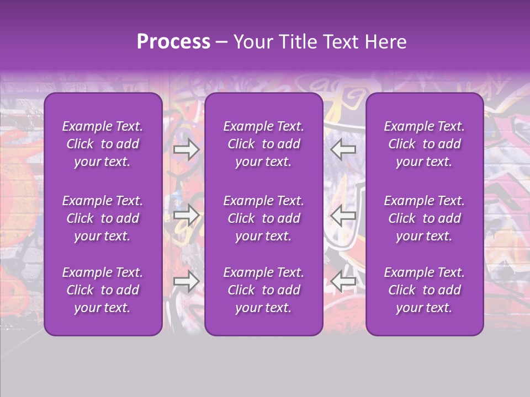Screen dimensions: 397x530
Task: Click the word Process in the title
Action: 173,42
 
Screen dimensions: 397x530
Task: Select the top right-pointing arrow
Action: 186,149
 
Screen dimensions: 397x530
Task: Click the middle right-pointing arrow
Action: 186,216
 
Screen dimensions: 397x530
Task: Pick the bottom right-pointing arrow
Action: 186,282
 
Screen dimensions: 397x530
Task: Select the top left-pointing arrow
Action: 343,149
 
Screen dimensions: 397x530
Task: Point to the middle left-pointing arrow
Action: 343,216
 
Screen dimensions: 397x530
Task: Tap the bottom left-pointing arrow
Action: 343,282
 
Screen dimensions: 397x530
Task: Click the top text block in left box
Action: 103,144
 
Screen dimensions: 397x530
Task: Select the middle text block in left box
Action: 103,218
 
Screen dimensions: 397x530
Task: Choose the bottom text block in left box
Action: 103,290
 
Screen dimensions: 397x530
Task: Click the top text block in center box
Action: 263,144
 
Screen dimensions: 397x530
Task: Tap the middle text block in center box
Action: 263,218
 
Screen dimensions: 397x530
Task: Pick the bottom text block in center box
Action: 263,290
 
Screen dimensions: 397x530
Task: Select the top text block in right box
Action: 424,144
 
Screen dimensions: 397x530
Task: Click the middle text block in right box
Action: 424,218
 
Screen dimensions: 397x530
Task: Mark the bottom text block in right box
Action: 424,290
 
